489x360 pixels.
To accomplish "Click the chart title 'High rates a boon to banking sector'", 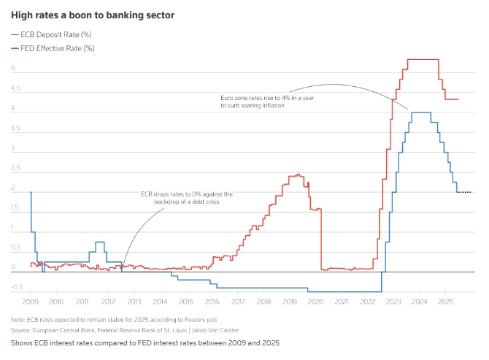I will point(92,15).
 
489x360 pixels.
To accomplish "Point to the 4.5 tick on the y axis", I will point(15,89).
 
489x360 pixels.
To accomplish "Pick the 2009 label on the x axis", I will point(31,301).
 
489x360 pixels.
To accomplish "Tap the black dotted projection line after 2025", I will point(464,192).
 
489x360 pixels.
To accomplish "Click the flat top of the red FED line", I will point(423,59).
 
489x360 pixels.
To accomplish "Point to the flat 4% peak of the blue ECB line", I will point(420,112).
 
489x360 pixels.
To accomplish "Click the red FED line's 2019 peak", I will point(298,175).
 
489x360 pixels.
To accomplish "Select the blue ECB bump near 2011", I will point(100,242).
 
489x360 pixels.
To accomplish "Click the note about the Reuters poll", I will point(114,320).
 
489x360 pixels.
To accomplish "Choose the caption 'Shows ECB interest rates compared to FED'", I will point(145,342).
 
